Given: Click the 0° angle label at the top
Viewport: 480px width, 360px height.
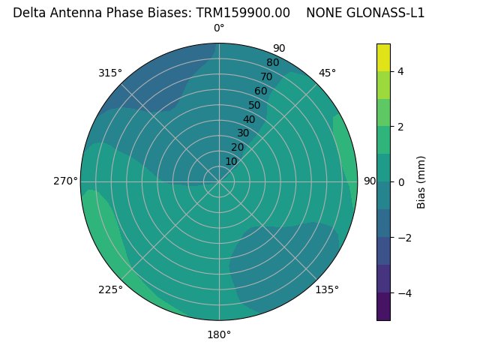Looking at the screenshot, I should (219, 28).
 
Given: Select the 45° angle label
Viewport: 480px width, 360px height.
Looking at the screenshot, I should (327, 73).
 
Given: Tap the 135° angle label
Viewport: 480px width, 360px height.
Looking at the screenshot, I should (327, 289).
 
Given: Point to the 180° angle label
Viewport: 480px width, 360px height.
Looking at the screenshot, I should (219, 334).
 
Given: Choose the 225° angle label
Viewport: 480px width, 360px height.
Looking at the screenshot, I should (110, 289).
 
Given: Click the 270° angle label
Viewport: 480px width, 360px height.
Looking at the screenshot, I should (65, 181).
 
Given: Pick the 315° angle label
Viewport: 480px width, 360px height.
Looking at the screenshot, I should (109, 73).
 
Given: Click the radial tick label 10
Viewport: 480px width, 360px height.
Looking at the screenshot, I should (231, 161).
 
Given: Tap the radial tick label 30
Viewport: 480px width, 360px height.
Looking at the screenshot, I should (243, 133).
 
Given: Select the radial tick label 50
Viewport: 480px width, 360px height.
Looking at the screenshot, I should (254, 106).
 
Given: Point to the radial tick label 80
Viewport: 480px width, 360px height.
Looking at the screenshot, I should (272, 63).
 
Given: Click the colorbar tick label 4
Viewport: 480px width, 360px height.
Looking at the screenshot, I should (401, 71).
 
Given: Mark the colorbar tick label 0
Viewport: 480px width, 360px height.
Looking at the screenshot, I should (401, 182).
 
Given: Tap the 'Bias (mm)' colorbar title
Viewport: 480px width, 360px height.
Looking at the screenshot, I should (421, 182).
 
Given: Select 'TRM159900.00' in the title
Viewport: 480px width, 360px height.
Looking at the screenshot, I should (243, 13).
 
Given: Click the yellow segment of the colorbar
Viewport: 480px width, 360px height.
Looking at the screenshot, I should (383, 57).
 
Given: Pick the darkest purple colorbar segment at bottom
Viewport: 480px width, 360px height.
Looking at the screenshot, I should (383, 306).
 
